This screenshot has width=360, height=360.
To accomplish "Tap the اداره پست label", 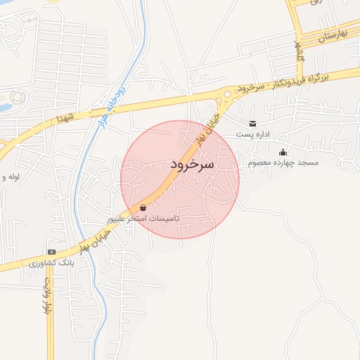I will point(252,134).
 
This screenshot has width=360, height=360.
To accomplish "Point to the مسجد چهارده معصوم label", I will point(283,162).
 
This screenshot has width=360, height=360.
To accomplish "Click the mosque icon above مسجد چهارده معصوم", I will point(283,153).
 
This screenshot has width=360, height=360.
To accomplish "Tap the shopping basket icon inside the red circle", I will point(143,208).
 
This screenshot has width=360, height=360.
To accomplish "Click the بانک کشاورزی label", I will point(52,262).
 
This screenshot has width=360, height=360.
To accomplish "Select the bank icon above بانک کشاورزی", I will point(51,252).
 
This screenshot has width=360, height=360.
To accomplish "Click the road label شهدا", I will point(69,121).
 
